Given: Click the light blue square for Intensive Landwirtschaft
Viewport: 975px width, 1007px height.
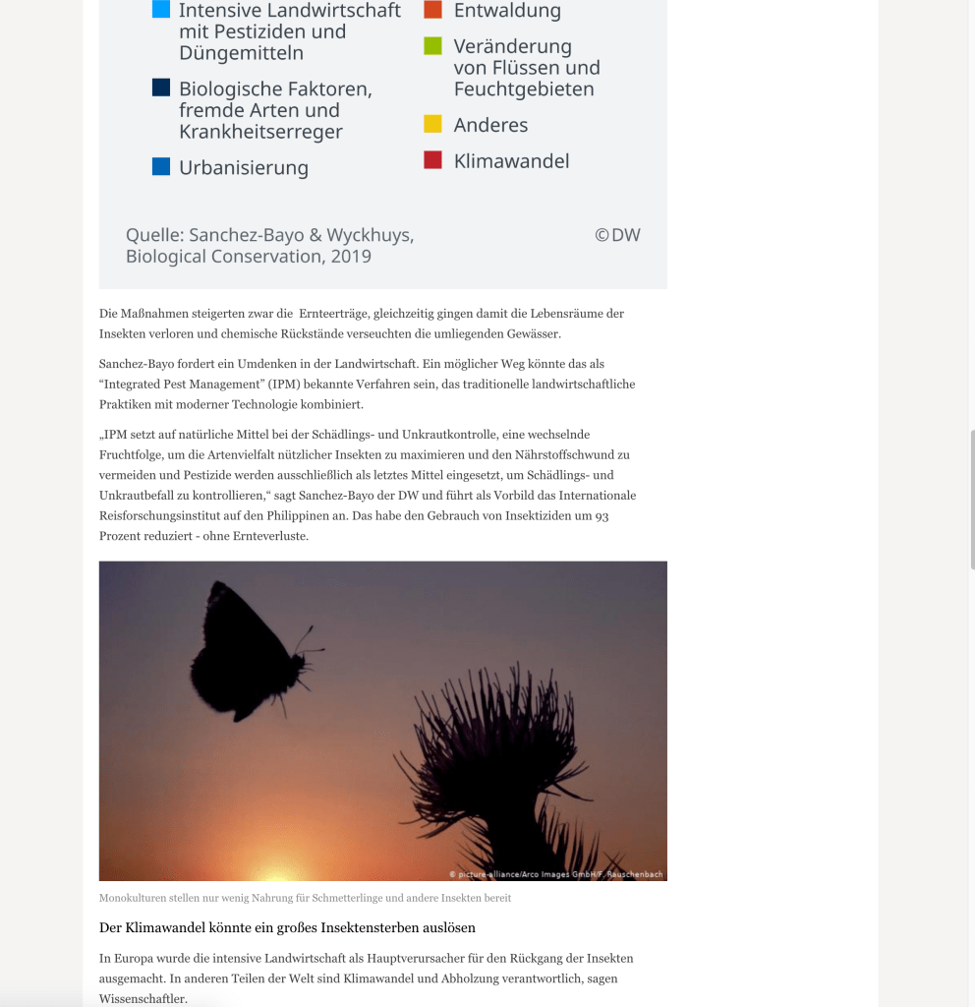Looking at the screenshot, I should pyautogui.click(x=161, y=11).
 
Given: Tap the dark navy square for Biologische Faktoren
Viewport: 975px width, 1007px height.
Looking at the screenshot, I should pyautogui.click(x=161, y=88).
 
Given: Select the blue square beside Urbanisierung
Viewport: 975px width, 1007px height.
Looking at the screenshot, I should pyautogui.click(x=161, y=166).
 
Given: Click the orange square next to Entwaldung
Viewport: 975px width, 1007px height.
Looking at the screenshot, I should pyautogui.click(x=432, y=11).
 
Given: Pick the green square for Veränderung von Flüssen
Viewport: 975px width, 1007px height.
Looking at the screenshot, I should pyautogui.click(x=432, y=46).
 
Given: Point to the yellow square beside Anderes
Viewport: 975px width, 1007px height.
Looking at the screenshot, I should pyautogui.click(x=432, y=124).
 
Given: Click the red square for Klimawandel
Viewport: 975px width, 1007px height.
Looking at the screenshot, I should pyautogui.click(x=432, y=160).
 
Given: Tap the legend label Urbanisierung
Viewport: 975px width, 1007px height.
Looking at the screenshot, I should pyautogui.click(x=244, y=168).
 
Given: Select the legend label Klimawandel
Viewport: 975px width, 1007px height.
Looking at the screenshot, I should pyautogui.click(x=511, y=161).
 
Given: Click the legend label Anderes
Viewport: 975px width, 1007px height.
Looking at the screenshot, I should pyautogui.click(x=490, y=125).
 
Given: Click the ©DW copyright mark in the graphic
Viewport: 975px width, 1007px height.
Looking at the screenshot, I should pyautogui.click(x=617, y=235).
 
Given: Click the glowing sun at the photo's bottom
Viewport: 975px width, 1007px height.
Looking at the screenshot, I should pyautogui.click(x=275, y=871).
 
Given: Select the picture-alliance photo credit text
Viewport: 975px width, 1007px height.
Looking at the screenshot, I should pyautogui.click(x=556, y=874).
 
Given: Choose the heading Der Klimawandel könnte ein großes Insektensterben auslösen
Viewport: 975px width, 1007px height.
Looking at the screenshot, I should pyautogui.click(x=287, y=927).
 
